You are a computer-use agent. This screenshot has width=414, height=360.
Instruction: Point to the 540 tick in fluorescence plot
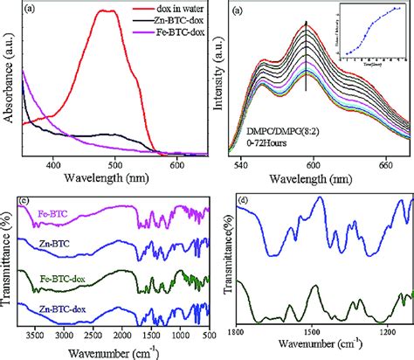[245, 163]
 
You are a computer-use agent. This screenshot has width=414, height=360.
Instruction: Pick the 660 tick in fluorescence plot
[384, 163]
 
